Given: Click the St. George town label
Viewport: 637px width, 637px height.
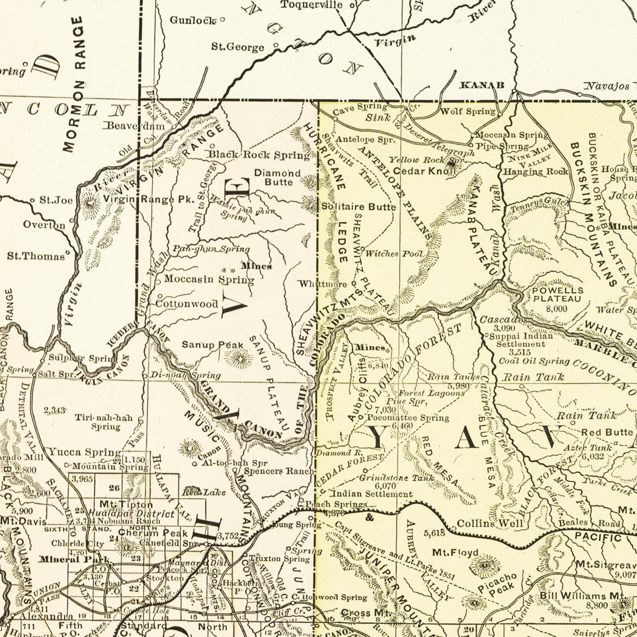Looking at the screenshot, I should [x=238, y=47].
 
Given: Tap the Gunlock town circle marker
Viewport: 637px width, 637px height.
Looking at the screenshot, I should [x=223, y=19].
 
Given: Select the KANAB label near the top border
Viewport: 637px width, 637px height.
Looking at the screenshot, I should [x=482, y=85].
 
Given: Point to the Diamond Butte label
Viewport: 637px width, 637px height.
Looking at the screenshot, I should [x=278, y=178].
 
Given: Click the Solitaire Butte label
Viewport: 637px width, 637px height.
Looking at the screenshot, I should [x=358, y=206].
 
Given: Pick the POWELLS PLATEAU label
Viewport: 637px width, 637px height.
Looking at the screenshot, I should [x=558, y=294].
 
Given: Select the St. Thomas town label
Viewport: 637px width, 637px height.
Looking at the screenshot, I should [x=35, y=256].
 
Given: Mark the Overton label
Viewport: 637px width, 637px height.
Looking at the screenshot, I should [x=44, y=225].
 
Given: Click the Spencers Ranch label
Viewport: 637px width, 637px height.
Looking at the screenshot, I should [x=279, y=471].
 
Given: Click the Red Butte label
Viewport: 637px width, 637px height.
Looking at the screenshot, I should [x=607, y=432].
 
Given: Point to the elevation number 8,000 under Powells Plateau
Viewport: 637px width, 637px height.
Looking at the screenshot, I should [x=556, y=309].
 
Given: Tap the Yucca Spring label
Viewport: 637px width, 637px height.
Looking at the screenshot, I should [x=84, y=452].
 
